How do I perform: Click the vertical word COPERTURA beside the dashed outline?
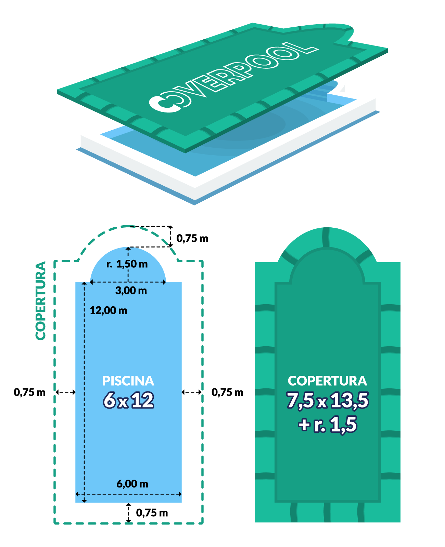pyautogui.click(x=41, y=301)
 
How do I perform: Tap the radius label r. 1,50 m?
pyautogui.click(x=127, y=264)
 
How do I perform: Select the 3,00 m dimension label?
pyautogui.click(x=131, y=291)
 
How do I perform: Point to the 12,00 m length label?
pyautogui.click(x=109, y=310)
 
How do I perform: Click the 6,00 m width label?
pyautogui.click(x=132, y=484)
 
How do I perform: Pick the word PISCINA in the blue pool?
pyautogui.click(x=128, y=381)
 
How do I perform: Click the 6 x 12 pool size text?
pyautogui.click(x=128, y=400)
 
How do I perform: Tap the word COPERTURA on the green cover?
pyautogui.click(x=327, y=381)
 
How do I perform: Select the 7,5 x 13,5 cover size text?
pyautogui.click(x=328, y=400)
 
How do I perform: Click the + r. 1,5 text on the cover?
pyautogui.click(x=328, y=425)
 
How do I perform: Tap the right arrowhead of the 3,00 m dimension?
pyautogui.click(x=164, y=282)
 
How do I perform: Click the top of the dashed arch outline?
pyautogui.click(x=128, y=226)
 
